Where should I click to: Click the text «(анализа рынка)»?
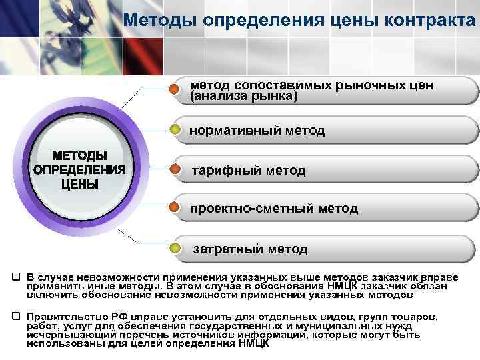coord(244,97)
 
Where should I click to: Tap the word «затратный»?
coord(227,249)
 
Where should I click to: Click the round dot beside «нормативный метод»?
coord(175,129)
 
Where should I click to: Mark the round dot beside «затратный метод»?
coord(175,249)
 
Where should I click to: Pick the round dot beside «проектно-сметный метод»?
coord(175,209)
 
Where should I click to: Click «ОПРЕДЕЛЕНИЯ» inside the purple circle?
coord(79,169)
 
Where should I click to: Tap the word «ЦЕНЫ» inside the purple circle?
coord(79,183)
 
